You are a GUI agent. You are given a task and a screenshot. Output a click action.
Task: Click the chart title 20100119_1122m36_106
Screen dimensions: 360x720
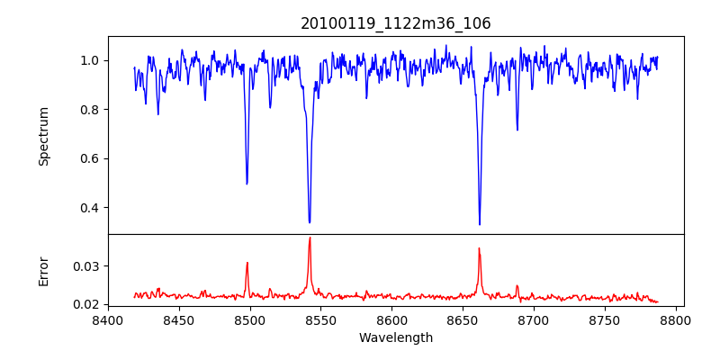[x=396, y=23]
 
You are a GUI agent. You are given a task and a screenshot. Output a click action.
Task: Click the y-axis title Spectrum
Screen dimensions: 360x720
[x=44, y=136]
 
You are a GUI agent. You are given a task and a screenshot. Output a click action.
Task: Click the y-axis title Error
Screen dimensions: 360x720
[x=44, y=270]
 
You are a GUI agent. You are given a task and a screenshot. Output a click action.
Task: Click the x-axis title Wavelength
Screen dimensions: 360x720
[x=396, y=338]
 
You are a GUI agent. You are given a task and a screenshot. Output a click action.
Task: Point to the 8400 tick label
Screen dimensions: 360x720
[x=108, y=319]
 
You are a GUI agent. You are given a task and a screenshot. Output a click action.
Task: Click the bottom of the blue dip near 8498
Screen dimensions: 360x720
[x=247, y=184]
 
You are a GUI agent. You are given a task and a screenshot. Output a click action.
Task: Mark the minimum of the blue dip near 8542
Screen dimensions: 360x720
[x=310, y=222]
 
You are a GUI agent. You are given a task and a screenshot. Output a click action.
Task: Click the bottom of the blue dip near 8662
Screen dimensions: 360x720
[x=480, y=224]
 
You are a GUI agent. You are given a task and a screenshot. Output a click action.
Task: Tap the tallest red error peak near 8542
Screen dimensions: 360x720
[x=310, y=238]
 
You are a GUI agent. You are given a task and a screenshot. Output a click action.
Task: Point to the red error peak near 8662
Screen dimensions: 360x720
[x=479, y=248]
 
